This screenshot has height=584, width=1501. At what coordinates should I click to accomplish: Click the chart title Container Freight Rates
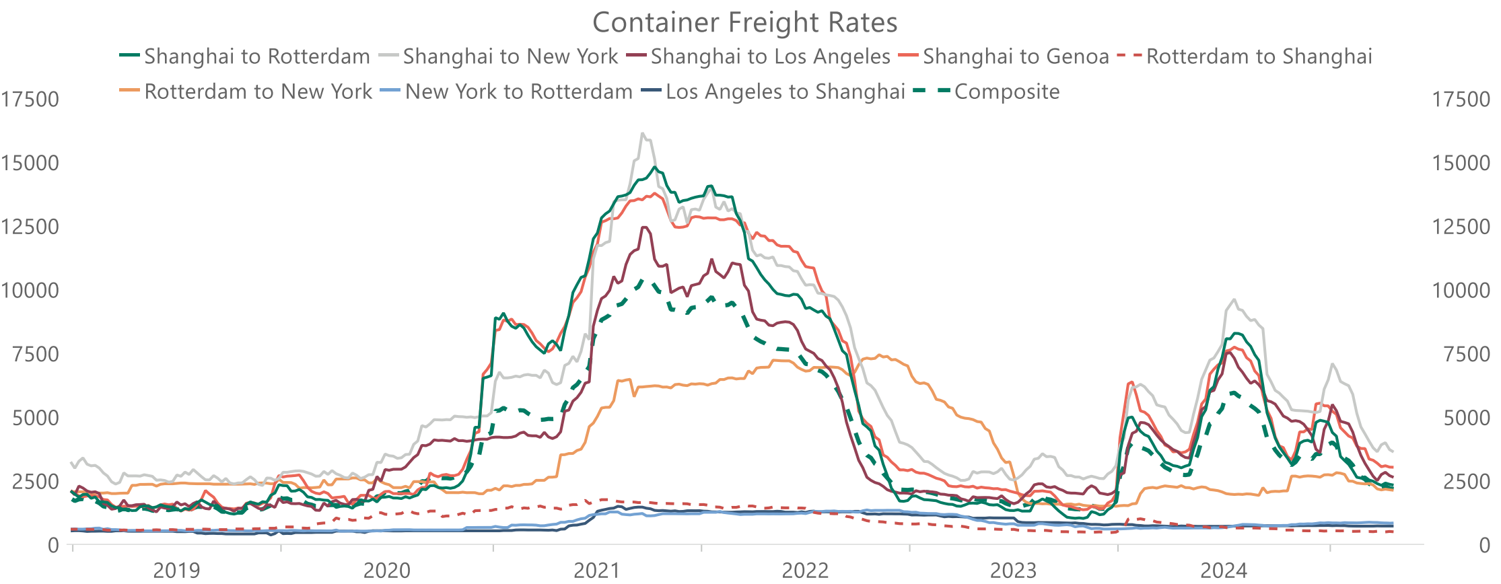(744, 23)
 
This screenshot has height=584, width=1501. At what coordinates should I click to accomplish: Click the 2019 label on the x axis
(176, 571)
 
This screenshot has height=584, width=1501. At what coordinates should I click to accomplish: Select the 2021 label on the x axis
(596, 571)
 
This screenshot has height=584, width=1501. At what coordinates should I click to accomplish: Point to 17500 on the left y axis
(30, 100)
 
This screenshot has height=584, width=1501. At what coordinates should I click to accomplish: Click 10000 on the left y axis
(30, 291)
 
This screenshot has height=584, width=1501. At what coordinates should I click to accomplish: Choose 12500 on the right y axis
(1461, 227)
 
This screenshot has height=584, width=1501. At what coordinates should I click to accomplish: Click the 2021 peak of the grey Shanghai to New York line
(643, 134)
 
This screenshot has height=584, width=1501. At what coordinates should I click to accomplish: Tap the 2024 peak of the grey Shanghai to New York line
(1234, 300)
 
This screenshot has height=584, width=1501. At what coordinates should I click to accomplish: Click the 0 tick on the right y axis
(1484, 546)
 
